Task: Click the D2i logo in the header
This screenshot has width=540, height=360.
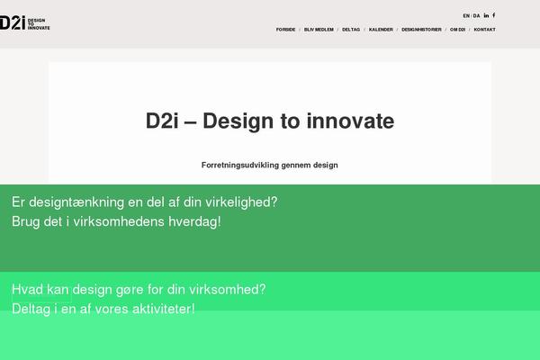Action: coord(25,22)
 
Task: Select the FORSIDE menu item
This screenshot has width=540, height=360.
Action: coord(285,30)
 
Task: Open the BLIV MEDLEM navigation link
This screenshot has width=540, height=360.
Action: coord(319,30)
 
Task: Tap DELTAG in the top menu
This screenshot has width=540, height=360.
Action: coord(351,30)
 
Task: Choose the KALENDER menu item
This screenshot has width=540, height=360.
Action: coord(381,30)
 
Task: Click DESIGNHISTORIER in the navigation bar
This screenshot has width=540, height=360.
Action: coord(421,30)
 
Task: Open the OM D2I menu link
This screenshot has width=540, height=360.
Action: coord(458,30)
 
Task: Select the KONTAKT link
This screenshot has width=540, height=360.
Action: coord(484,30)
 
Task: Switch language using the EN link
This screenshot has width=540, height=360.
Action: coord(466,16)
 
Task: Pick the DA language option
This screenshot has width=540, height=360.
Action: coord(476,16)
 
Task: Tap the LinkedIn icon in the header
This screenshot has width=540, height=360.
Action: coord(486,15)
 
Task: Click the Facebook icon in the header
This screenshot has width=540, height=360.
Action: coord(494,15)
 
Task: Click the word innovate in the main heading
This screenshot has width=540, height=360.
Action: coord(351,121)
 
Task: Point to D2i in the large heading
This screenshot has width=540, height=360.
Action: coord(162,121)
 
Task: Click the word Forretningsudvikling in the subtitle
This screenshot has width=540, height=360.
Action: coord(240,165)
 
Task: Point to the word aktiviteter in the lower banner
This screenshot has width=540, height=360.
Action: coord(162,309)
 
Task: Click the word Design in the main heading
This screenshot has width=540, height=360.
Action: coord(238,121)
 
